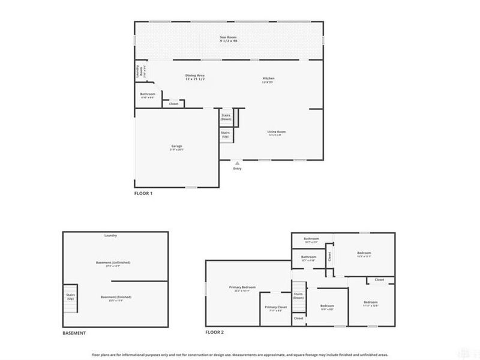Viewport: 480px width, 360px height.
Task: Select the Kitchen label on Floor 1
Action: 268,79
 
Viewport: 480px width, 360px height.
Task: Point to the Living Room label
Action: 277,132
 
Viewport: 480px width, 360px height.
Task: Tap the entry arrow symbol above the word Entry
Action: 238,162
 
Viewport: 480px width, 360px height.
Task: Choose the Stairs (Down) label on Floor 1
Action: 226,116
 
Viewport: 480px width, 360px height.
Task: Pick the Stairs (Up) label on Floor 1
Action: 226,135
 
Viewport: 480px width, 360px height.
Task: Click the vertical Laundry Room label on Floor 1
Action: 138,72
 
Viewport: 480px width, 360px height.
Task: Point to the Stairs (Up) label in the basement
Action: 70,298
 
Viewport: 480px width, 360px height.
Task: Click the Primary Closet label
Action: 276,307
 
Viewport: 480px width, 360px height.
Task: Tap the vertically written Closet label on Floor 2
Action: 329,256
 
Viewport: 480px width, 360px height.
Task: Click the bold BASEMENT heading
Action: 74,333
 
